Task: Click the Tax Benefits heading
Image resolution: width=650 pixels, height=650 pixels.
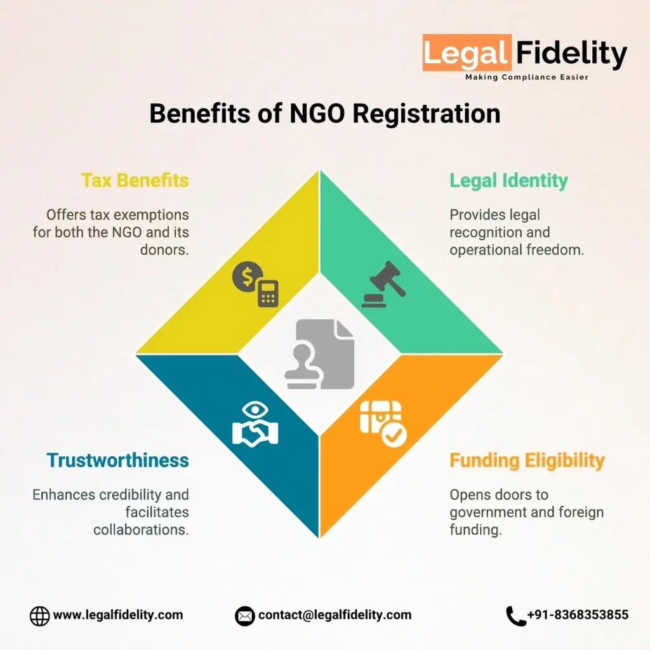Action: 135,180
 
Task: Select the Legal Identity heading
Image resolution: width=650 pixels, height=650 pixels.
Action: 508,180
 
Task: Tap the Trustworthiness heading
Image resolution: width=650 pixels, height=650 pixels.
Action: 117,460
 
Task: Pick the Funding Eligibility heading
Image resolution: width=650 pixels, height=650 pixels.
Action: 527,460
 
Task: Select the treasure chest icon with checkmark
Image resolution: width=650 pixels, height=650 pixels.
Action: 383,422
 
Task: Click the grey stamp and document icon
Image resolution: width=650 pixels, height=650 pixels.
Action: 319,354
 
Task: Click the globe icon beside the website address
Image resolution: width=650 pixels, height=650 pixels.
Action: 39,615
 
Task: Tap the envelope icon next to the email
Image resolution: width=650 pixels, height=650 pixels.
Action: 244,615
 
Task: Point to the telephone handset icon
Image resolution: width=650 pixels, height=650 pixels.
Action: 515,615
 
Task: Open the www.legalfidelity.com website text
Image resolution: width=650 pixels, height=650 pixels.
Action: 118,614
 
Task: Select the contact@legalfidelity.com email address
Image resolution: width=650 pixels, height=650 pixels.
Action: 335,614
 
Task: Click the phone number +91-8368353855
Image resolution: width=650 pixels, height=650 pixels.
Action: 578,614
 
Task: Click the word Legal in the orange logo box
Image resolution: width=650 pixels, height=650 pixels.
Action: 467,53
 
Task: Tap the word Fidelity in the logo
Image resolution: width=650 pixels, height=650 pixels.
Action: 571,53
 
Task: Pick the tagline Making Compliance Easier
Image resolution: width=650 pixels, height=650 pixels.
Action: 527,77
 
